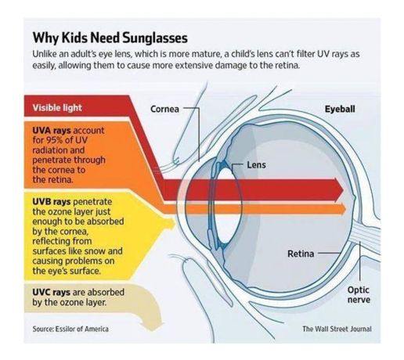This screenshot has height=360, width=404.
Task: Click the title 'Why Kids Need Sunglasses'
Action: tap(110, 38)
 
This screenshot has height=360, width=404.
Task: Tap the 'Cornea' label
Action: tap(164, 109)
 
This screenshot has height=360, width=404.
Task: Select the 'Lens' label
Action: tap(256, 165)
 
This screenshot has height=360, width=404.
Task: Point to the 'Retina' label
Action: tap(301, 254)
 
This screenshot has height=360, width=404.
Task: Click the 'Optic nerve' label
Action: tap(359, 295)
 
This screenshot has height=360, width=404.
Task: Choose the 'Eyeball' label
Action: tap(340, 109)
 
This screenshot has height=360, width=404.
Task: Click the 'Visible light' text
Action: tap(57, 108)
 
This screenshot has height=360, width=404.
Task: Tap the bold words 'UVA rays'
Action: tap(52, 130)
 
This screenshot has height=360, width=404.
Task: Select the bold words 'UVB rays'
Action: tap(52, 202)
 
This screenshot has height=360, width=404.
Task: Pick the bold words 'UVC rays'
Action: tap(52, 292)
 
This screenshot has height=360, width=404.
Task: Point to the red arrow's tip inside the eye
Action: tap(344, 190)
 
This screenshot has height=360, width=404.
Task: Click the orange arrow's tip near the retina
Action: tap(346, 209)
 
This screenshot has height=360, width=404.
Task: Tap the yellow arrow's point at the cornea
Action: tap(175, 222)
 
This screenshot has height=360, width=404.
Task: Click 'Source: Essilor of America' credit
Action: tap(70, 329)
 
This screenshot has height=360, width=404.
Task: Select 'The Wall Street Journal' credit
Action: tap(337, 329)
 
